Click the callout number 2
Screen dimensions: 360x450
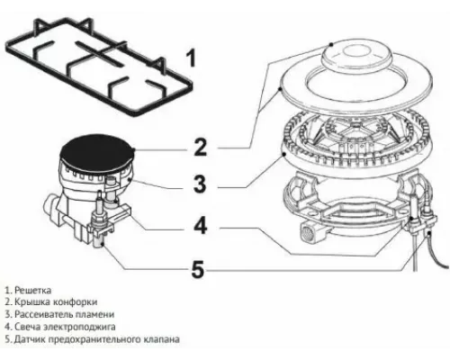click(202, 146)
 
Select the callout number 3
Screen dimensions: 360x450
click(202, 185)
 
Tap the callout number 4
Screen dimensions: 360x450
click(202, 225)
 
